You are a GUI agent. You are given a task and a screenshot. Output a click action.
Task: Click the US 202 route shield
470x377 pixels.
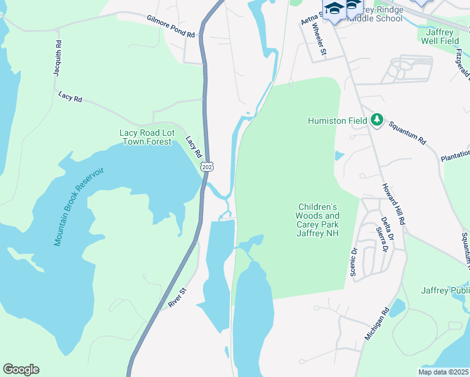207,166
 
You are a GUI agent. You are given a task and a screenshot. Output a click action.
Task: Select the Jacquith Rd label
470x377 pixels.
58,58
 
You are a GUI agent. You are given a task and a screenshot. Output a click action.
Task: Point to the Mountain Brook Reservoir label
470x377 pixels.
78,207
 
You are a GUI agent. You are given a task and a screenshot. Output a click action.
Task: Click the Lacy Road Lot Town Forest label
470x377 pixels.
145,137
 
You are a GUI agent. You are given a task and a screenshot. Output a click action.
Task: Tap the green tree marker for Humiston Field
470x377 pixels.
376,119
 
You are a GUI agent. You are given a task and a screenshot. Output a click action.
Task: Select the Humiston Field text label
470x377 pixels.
337,121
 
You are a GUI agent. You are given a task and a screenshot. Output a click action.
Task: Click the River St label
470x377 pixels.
178,298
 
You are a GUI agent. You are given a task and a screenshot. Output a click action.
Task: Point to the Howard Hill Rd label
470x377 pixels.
394,204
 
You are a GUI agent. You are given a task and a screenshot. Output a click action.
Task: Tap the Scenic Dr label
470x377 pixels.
354,261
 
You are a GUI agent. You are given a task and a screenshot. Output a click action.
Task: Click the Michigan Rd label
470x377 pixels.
378,324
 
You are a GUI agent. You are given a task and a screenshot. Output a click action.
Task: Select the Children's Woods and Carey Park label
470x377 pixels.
318,220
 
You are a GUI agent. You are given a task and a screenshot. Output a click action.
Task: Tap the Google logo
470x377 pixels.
21,369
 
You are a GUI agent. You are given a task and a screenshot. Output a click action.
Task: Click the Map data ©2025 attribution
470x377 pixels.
443,372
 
